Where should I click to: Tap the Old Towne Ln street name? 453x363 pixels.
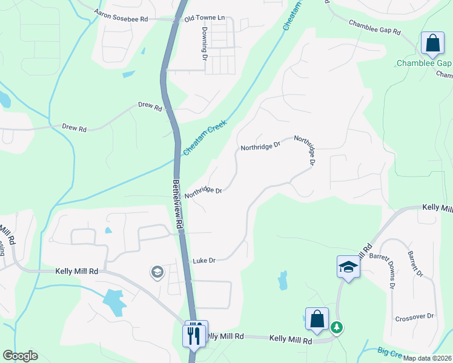[x=205, y=18]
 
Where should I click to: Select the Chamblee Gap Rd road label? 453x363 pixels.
[x=374, y=27]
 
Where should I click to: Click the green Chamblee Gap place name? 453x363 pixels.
[x=424, y=63]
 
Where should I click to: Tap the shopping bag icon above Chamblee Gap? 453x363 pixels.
[x=432, y=44]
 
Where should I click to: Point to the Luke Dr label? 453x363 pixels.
[x=204, y=261]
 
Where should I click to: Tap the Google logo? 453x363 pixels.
[x=20, y=356]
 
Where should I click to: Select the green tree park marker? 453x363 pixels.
[x=337, y=327]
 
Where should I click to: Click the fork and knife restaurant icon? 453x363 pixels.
[x=194, y=335]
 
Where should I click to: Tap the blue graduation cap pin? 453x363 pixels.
[x=349, y=266]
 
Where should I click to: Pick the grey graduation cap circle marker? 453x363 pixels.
[x=157, y=273]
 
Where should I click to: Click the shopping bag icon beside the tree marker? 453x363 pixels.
[x=317, y=319]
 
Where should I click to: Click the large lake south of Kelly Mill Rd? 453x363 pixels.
[x=114, y=301]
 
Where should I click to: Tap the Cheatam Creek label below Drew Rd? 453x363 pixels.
[x=205, y=137]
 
